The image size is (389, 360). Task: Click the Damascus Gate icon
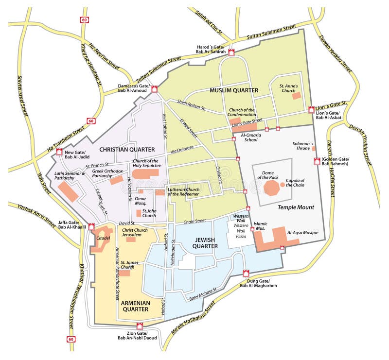point(155,89)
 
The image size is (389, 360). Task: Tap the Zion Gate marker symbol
point(141,326)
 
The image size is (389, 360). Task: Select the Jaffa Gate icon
point(91,226)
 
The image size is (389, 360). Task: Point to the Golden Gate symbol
point(317,161)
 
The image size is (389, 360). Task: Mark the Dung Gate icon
point(246,274)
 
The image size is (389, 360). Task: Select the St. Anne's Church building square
point(296,96)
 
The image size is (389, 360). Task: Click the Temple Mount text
point(296,207)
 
